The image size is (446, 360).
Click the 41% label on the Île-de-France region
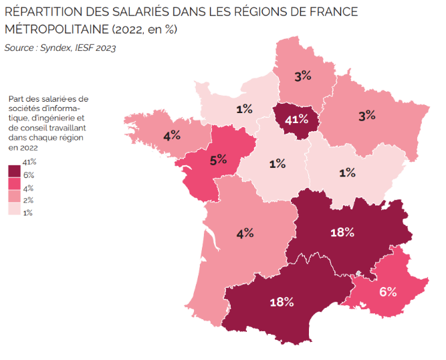coord(296,120)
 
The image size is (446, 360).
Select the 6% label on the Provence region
coord(388,292)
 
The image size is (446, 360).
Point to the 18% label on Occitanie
coord(282,302)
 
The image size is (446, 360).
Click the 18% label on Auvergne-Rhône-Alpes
coord(342,232)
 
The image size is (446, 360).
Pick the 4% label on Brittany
coord(172,135)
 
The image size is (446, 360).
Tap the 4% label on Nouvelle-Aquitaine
coord(245,233)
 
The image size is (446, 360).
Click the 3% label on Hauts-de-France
coord(303,76)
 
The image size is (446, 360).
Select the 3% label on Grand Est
coord(366,115)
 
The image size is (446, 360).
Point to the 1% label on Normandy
coord(244,108)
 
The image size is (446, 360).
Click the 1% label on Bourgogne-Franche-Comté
coord(346,173)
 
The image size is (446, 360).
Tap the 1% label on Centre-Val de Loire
coord(277,163)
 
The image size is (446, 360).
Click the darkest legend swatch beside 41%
coord(14,171)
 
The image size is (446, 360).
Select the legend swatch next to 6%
coord(14,184)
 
